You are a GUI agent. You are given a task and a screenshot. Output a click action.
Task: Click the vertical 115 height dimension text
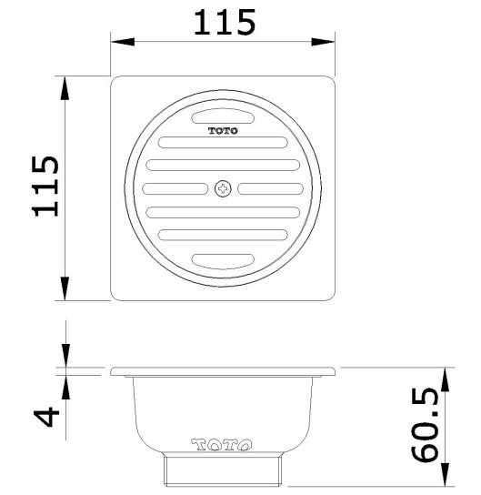(x=45, y=187)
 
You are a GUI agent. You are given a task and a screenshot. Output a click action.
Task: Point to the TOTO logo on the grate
(x=224, y=131)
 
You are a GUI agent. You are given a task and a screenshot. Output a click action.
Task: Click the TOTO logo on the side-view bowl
(x=224, y=446)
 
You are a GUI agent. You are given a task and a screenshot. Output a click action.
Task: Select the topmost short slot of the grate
(x=224, y=116)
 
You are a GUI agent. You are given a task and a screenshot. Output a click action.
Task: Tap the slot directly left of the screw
(x=176, y=189)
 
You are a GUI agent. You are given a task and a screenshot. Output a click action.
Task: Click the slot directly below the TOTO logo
(x=224, y=143)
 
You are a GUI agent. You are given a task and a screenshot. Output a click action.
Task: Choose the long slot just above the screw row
(x=224, y=166)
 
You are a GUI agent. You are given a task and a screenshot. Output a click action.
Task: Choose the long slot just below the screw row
(x=224, y=213)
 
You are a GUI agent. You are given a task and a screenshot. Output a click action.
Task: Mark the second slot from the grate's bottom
(x=224, y=237)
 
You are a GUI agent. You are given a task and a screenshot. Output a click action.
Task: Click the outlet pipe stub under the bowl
(x=224, y=470)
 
